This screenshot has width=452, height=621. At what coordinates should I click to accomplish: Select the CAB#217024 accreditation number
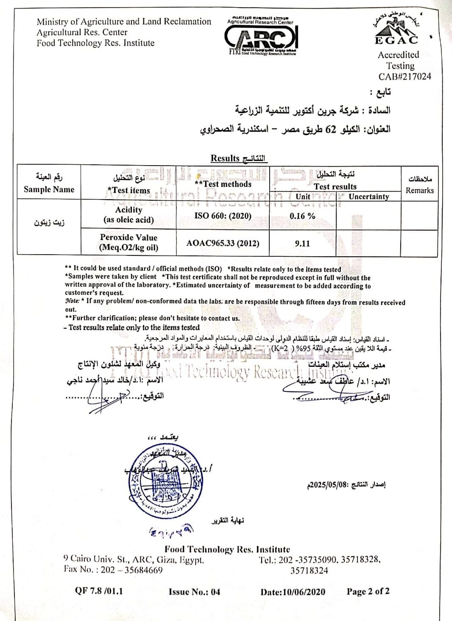[x=405, y=77]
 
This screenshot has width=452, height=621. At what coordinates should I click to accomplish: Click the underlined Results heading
[x=238, y=158]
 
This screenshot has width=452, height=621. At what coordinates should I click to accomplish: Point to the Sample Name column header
[x=49, y=189]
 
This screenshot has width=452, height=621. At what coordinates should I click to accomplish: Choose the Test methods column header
[x=223, y=184]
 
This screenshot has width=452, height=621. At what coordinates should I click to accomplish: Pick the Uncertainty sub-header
[x=368, y=197]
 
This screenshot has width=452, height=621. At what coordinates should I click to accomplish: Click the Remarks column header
[x=419, y=190]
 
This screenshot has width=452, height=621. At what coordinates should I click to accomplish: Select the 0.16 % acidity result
[x=302, y=216]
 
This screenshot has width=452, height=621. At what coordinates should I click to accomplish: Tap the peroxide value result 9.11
[x=302, y=244]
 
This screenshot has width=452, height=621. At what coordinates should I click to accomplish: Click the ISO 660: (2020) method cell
[x=223, y=216]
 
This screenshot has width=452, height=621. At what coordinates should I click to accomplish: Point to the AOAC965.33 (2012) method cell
[x=223, y=244]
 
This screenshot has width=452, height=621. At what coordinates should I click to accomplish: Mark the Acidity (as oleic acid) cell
[x=128, y=215]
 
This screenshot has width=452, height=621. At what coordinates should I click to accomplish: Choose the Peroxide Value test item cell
[x=128, y=242]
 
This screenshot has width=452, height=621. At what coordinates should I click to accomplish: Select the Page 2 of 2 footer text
[x=368, y=591]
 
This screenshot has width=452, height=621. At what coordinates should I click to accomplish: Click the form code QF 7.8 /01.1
[x=99, y=591]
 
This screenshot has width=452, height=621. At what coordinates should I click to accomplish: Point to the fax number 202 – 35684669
[x=131, y=570]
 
